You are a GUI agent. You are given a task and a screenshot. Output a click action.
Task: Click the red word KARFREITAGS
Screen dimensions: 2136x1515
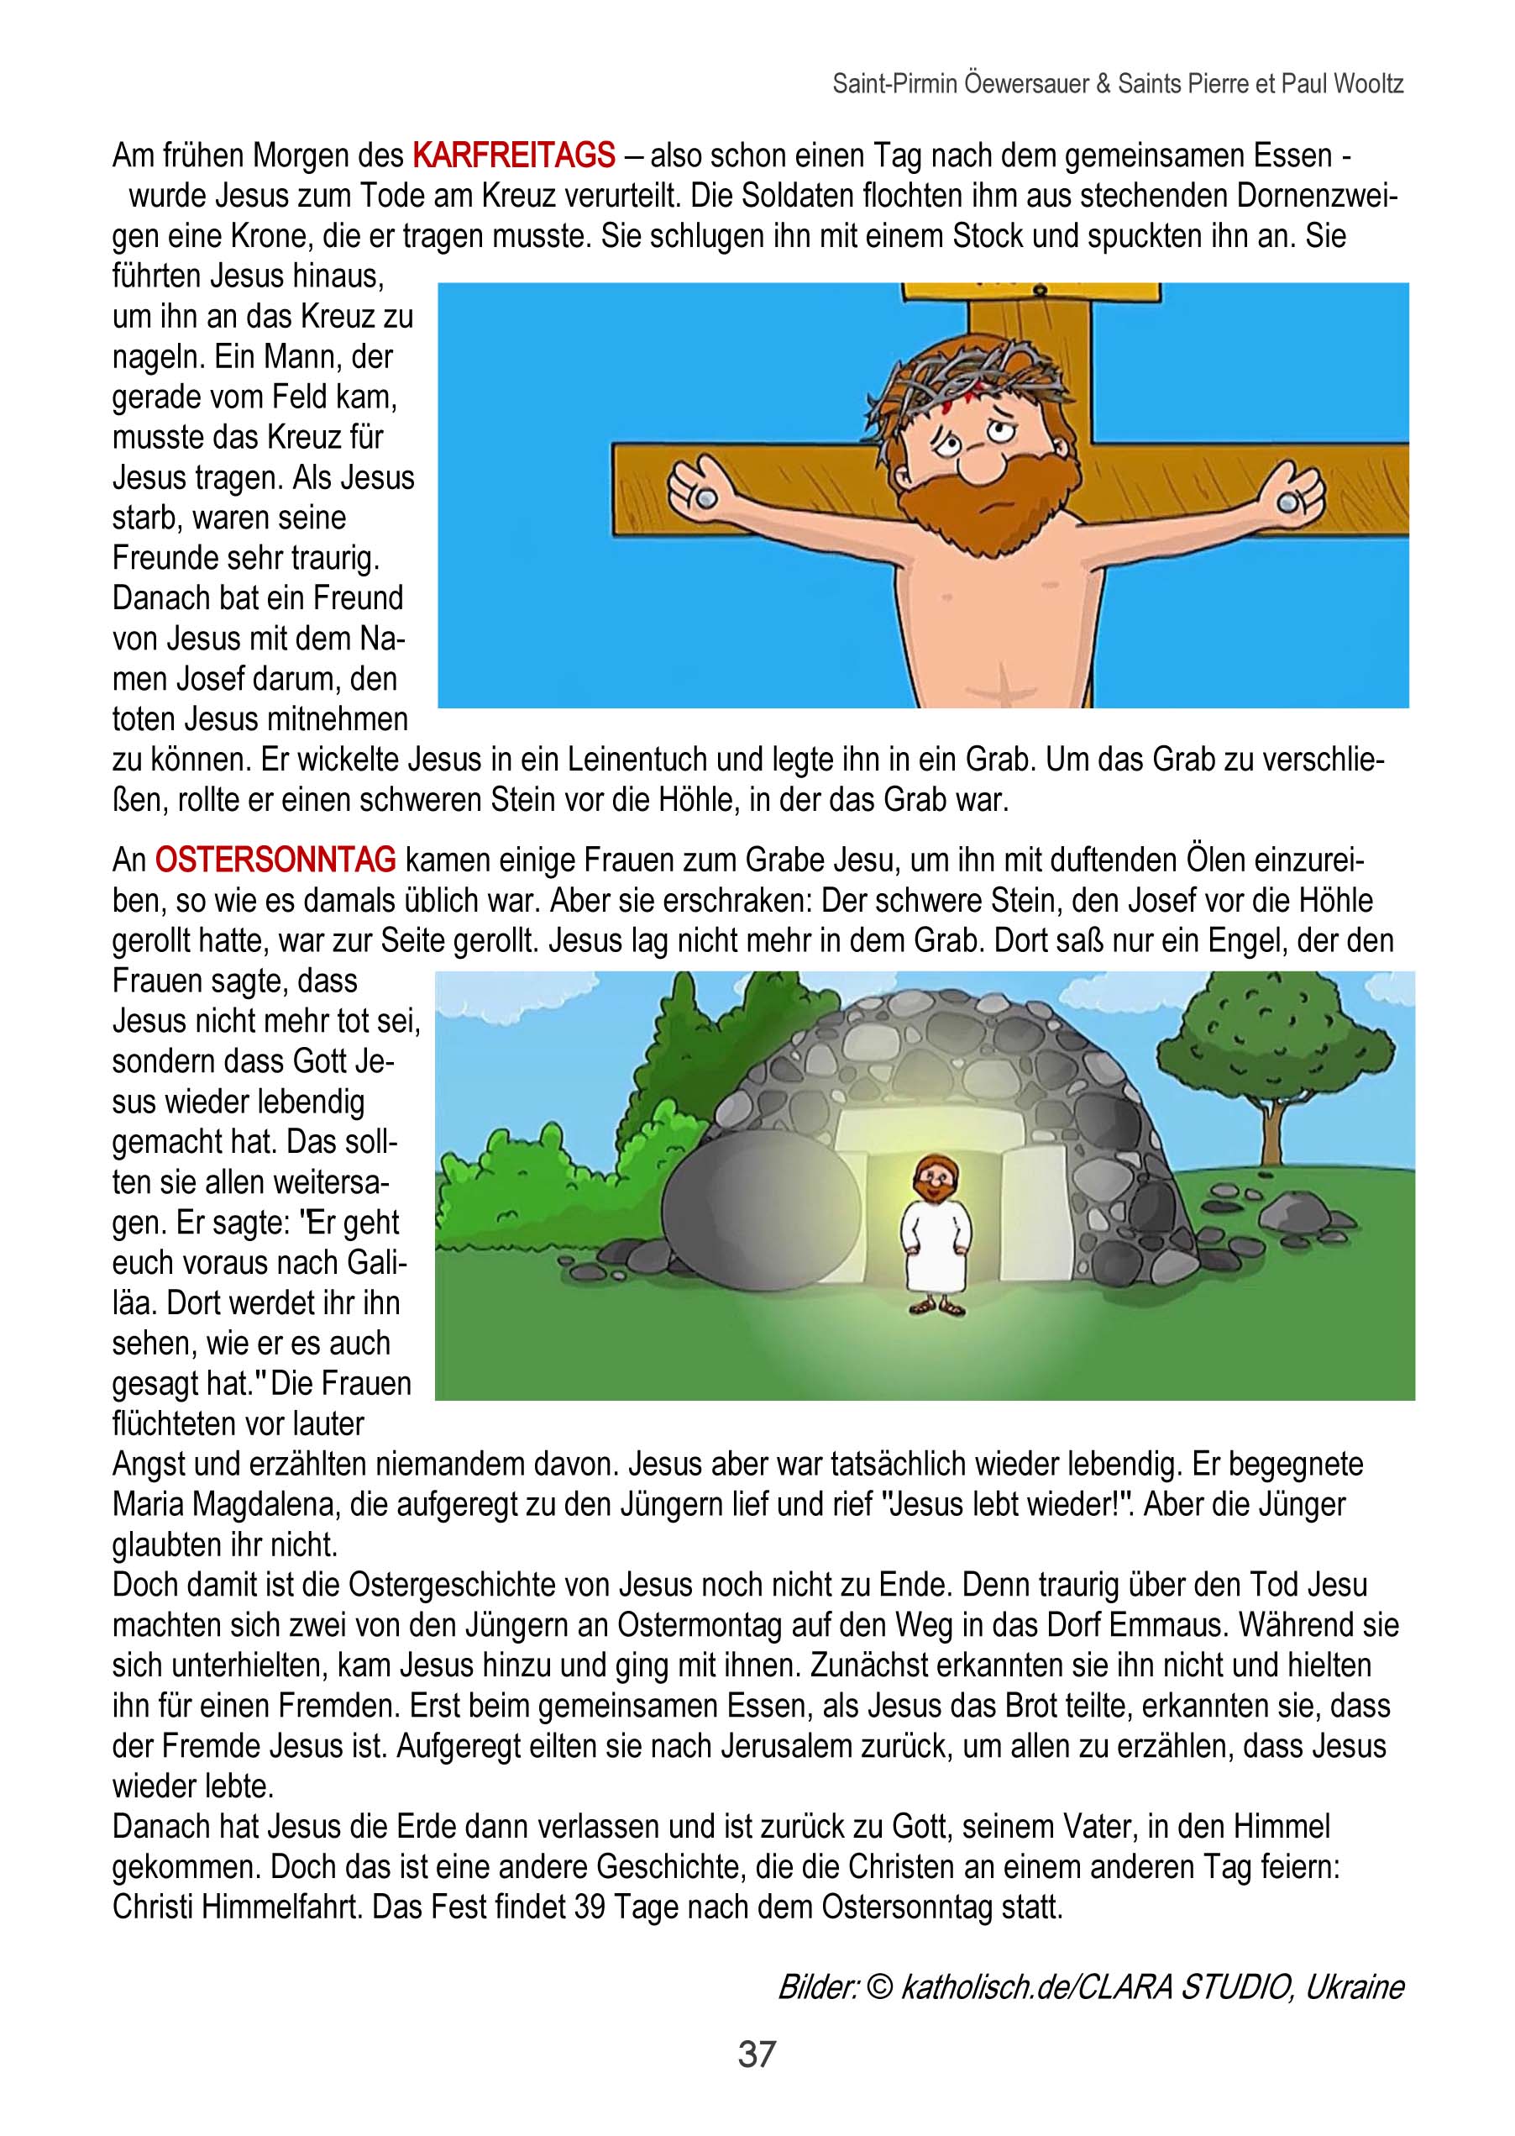[x=513, y=155]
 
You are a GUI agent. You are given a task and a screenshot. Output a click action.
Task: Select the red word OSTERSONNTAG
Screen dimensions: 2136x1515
[x=275, y=860]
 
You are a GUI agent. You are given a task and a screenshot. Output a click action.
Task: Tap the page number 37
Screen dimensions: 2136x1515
[x=757, y=2054]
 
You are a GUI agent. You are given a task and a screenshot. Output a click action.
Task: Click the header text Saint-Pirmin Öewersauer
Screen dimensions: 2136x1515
[x=960, y=84]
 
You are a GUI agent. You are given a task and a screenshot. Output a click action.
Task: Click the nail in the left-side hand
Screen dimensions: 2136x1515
[x=701, y=497]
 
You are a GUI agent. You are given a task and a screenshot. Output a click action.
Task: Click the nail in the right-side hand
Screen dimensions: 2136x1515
[x=1288, y=503]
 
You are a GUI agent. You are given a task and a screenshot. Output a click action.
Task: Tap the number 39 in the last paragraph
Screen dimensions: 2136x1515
[x=590, y=1907]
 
